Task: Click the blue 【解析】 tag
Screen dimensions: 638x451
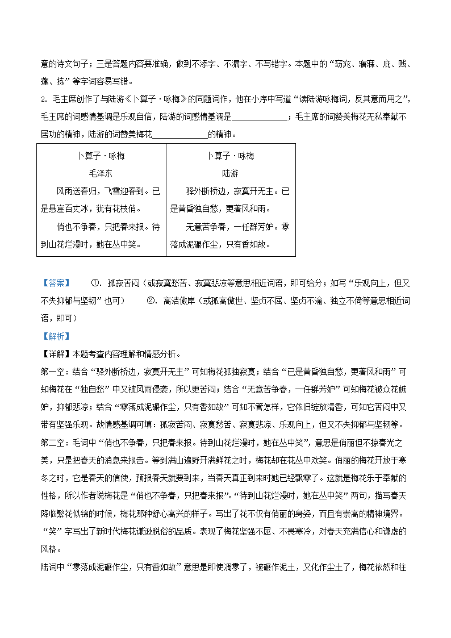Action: tap(56, 336)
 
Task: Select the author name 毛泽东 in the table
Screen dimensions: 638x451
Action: tap(101, 173)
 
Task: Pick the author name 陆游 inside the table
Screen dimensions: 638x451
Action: tap(230, 173)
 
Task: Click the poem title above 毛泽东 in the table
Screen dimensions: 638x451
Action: tap(101, 156)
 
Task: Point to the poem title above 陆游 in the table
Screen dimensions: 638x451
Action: tap(230, 156)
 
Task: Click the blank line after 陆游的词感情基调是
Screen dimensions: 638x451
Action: tap(260, 118)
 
